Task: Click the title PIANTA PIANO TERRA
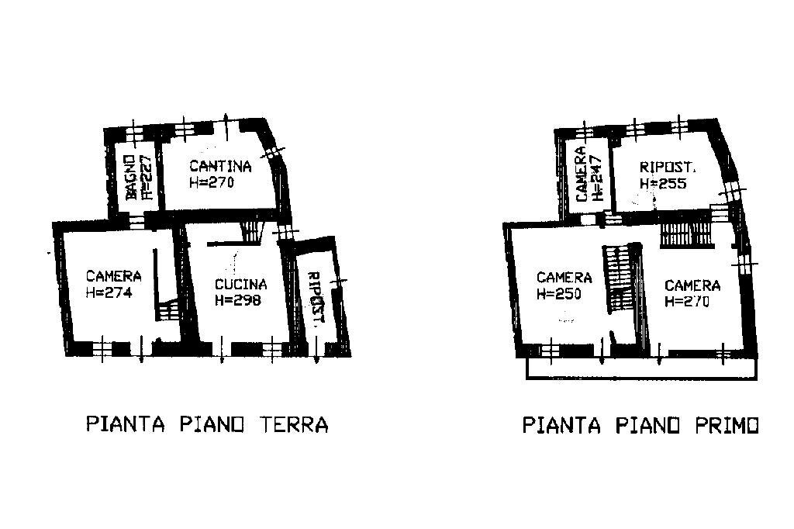coord(206,425)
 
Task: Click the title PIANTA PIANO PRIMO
coord(640,426)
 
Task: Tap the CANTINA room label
coord(220,166)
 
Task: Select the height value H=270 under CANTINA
coord(211,183)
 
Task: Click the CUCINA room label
coord(240,284)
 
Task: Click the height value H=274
coord(109,293)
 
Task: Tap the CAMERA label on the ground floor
coord(113,276)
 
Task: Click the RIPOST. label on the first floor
coord(668,167)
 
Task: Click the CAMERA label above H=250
coord(564,278)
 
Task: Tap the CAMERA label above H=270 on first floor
coord(692,285)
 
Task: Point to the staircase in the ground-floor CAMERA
coord(168,310)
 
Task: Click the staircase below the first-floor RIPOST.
coord(685,233)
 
